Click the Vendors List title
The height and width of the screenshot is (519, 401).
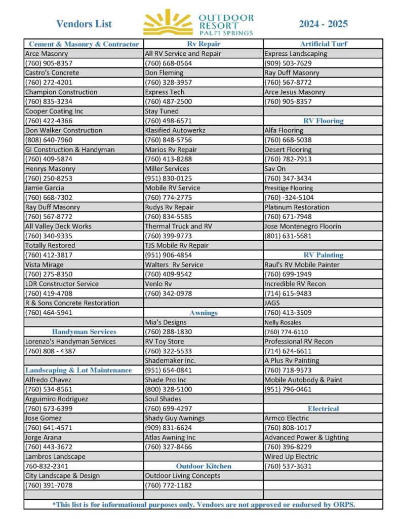(84, 24)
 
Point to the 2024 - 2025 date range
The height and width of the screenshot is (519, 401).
(323, 24)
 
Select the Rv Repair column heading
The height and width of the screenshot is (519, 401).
(204, 44)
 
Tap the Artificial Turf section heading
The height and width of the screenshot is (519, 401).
(323, 44)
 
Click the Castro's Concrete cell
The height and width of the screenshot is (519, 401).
(52, 72)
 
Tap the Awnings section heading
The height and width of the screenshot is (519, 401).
(204, 313)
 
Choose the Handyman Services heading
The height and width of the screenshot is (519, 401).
(84, 332)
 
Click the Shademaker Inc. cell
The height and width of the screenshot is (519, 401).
(170, 360)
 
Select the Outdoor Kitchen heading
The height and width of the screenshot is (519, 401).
(204, 466)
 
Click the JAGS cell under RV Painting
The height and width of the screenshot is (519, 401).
(272, 303)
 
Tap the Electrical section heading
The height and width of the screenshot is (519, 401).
(323, 409)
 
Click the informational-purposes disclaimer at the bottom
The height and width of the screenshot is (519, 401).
(204, 505)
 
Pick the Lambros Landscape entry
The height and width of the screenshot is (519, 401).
(55, 456)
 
